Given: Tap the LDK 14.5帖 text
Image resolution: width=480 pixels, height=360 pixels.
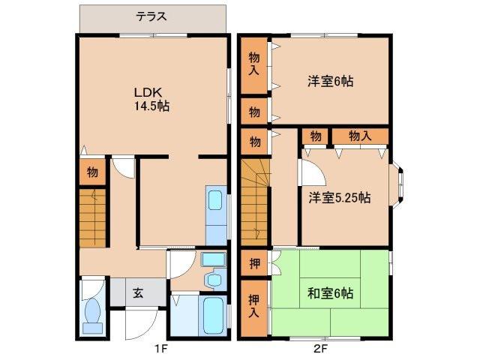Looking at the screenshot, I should (x=151, y=99).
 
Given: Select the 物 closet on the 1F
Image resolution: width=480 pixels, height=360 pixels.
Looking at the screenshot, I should (x=91, y=172).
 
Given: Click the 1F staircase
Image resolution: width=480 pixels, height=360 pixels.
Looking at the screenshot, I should (x=94, y=218).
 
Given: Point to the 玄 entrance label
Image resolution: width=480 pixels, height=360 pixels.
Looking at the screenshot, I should (x=139, y=293).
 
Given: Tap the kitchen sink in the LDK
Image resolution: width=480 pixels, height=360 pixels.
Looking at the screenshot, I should (x=214, y=203).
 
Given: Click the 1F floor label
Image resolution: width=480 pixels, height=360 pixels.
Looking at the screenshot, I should (x=160, y=349).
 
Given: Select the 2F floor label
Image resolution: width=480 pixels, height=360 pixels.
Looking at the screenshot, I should (x=320, y=349).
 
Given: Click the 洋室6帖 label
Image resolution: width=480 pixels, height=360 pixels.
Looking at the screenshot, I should (x=329, y=81).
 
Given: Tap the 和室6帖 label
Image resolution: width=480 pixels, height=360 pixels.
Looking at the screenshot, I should (x=331, y=293).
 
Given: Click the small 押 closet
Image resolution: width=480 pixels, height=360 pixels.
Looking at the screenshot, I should (x=254, y=263).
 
